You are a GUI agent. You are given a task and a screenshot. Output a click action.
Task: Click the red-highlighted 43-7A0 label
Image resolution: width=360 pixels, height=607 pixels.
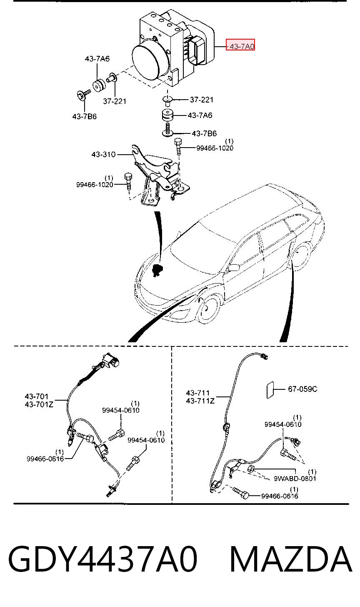(x=240, y=46)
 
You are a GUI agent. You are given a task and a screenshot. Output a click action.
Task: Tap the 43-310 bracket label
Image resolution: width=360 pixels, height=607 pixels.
(x=103, y=154)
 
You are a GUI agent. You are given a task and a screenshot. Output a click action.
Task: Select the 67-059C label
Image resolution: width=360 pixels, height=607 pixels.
(x=302, y=389)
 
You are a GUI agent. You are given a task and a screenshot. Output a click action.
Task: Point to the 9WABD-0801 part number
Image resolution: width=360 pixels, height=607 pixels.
(x=295, y=478)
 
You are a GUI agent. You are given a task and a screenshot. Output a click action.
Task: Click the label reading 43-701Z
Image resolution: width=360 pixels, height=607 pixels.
(x=39, y=404)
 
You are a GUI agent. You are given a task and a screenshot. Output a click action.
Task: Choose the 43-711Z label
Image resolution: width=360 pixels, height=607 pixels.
(x=200, y=401)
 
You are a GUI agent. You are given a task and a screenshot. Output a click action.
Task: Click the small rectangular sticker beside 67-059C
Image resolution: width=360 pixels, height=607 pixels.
(x=270, y=390)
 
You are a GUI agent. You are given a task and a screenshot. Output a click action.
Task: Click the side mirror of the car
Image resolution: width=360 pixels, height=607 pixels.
(x=234, y=268)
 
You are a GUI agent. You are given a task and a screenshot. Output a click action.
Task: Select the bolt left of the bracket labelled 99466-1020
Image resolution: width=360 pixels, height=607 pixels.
(x=128, y=182)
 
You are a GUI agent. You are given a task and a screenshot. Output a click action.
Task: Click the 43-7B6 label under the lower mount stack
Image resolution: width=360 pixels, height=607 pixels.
(x=204, y=133)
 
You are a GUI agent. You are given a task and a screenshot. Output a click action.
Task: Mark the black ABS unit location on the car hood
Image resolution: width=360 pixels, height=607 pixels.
(x=157, y=270)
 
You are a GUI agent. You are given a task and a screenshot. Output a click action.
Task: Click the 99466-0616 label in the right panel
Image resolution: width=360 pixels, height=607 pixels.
(x=280, y=496)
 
